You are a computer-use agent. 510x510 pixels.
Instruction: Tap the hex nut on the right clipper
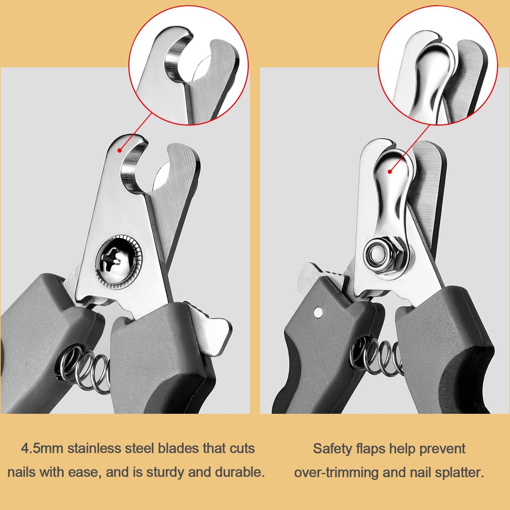click(380, 255)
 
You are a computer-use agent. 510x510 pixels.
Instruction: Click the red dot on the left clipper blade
click(120, 150)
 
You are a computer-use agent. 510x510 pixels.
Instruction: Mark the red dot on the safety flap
click(390, 172)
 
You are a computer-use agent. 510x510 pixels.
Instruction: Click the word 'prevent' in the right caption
click(442, 448)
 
